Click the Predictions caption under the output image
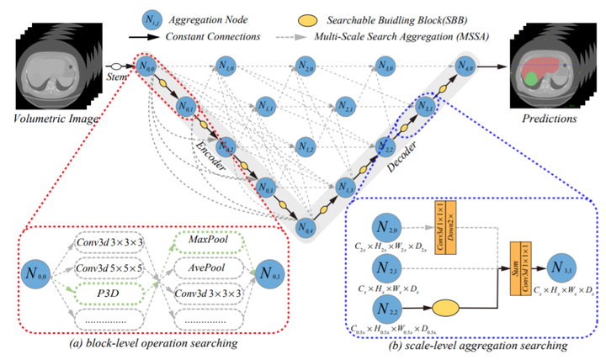[x=548, y=119]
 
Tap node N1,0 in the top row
[x=225, y=65]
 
